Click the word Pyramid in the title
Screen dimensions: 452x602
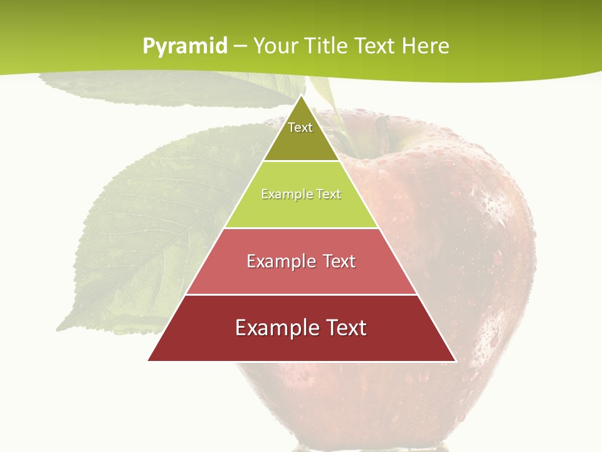[185, 46]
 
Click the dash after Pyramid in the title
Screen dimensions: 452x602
[240, 46]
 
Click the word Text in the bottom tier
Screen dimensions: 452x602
[344, 328]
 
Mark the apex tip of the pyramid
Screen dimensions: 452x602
[301, 96]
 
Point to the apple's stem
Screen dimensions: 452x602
[382, 129]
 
